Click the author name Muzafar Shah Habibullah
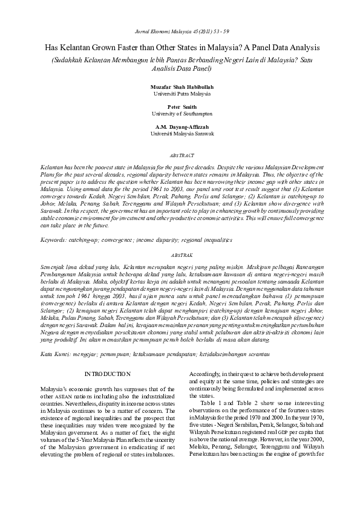(182, 87)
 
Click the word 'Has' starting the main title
(51, 47)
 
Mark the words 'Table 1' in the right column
(215, 401)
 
